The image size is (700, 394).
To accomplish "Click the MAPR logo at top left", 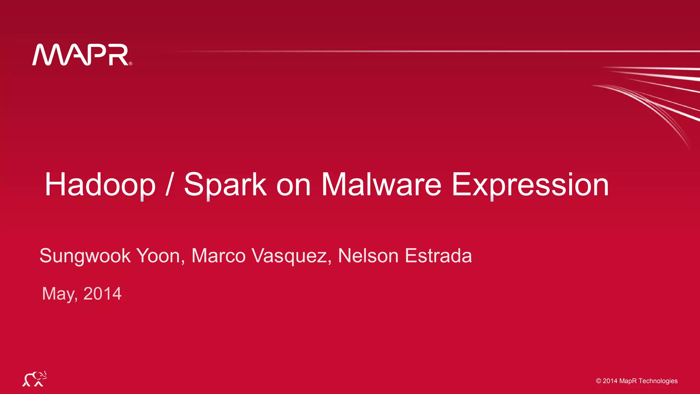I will click(x=81, y=55).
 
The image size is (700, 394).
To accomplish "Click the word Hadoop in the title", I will click(x=100, y=185).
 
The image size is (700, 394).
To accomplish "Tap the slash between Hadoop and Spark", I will click(x=168, y=185).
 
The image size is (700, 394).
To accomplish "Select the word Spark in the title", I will click(x=225, y=185).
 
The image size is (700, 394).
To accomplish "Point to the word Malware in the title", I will click(x=381, y=185).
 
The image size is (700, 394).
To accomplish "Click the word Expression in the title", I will click(x=530, y=185).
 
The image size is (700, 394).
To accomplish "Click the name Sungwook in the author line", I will click(x=85, y=256).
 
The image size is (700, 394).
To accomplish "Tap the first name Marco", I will click(x=218, y=256).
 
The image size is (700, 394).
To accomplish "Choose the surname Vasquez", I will click(x=291, y=256).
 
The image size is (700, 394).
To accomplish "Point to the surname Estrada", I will click(x=438, y=256).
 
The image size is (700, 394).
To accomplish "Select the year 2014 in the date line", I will click(x=102, y=294).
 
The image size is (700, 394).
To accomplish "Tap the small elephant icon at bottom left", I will click(x=35, y=379).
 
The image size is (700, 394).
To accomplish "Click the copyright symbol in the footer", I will click(x=598, y=381).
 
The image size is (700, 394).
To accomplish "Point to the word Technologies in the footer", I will click(x=658, y=381).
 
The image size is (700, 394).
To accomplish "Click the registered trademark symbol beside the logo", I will click(x=131, y=63).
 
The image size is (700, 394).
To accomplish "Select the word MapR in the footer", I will click(x=628, y=381).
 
